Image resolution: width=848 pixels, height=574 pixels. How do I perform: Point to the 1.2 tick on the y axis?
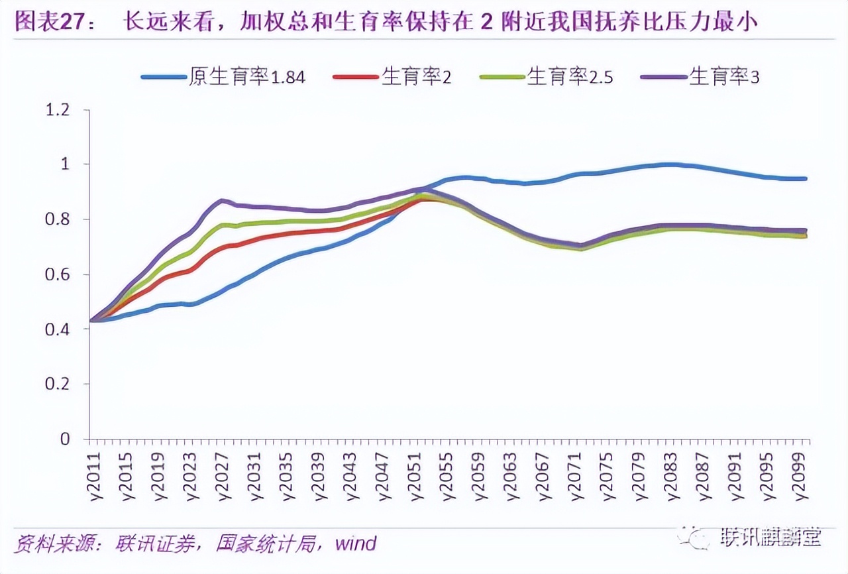(56, 109)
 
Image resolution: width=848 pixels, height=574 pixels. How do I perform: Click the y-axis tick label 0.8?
(56, 219)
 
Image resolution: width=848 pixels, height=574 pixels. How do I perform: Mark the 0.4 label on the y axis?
(56, 329)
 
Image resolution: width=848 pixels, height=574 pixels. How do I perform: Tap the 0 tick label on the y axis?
(64, 439)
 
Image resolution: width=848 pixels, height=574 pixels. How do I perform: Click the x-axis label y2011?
(95, 475)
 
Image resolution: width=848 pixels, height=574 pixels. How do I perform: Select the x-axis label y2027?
(222, 475)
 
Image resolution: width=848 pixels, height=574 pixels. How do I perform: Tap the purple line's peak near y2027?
(223, 200)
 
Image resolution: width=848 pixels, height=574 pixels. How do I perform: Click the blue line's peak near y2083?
(669, 164)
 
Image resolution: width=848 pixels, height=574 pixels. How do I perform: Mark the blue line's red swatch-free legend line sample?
(163, 77)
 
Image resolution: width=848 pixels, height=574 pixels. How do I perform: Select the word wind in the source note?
(355, 544)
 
